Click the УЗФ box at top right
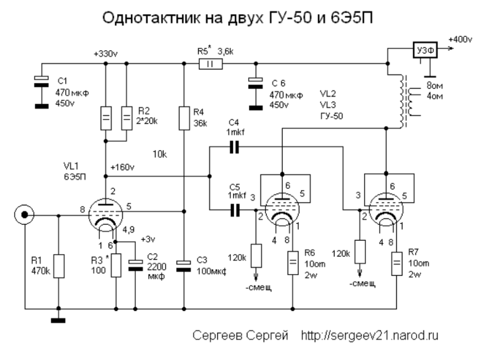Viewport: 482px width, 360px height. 423,50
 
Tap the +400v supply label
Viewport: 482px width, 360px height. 460,40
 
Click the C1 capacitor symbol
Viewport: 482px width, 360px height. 42,81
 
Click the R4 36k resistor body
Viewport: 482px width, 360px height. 184,118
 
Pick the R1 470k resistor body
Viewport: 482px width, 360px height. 59,265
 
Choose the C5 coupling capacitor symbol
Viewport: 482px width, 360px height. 234,210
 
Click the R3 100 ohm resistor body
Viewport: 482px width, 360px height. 116,265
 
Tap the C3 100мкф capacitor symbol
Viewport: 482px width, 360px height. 184,266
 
